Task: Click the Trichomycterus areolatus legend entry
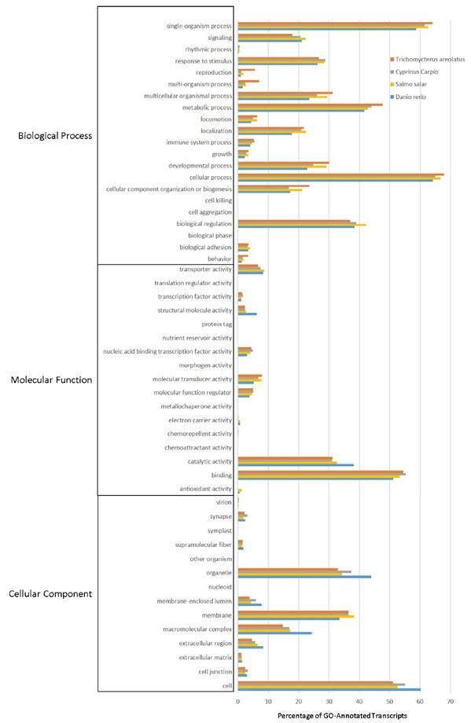(431, 59)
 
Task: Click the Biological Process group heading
(55, 135)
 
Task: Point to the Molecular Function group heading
(52, 380)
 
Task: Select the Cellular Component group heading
(53, 593)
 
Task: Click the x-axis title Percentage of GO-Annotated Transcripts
(342, 716)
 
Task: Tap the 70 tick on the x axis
(451, 700)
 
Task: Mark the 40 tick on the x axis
(359, 700)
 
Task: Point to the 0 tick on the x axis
(237, 700)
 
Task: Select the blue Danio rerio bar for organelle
(304, 577)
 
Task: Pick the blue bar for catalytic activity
(296, 464)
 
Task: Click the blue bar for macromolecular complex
(274, 633)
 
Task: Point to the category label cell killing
(216, 200)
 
